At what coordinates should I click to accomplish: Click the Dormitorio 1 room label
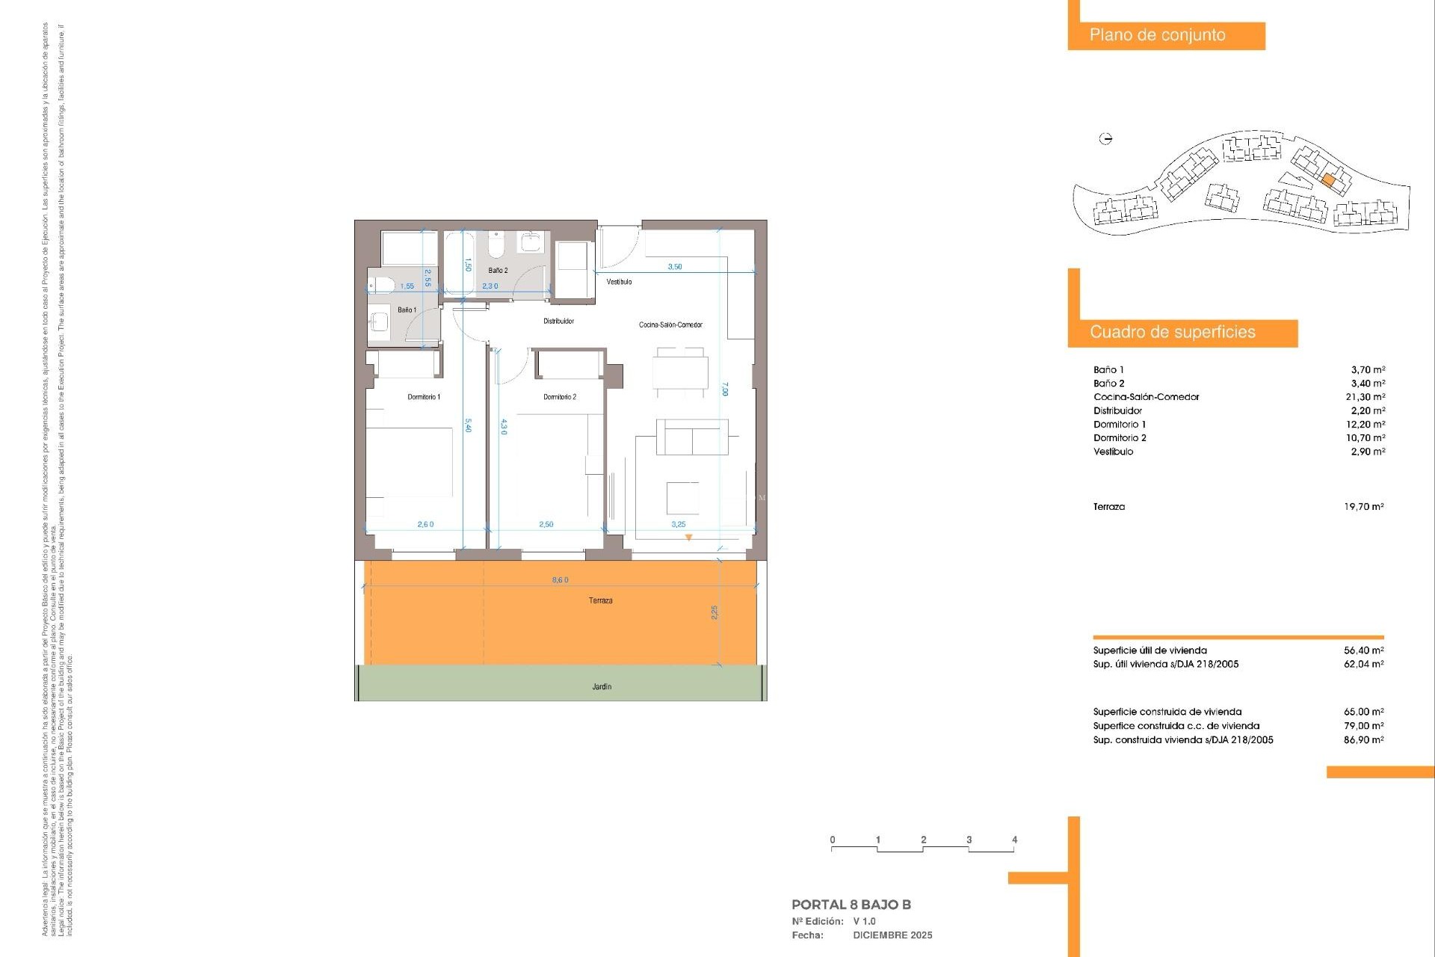[424, 397]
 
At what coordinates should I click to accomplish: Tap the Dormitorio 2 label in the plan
[560, 397]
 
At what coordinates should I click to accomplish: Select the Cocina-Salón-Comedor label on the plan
[670, 324]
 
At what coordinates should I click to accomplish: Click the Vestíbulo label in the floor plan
[619, 282]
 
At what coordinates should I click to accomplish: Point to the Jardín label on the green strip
[602, 686]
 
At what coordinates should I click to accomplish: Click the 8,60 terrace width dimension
[560, 580]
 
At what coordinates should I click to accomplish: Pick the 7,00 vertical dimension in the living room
[725, 389]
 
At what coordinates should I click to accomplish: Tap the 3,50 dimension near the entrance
[674, 266]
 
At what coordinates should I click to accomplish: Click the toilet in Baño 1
[380, 286]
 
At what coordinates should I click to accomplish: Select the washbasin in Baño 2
[531, 242]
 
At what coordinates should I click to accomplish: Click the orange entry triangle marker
[688, 538]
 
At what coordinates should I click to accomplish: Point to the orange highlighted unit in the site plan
[1328, 180]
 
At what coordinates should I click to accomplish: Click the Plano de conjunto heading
[1157, 35]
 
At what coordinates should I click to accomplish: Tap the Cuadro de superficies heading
[1172, 332]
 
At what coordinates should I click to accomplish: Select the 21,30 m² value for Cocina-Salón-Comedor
[1365, 397]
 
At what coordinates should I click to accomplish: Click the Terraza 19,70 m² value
[1363, 506]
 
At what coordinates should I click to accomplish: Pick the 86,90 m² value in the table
[1363, 739]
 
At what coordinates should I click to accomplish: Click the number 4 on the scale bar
[1014, 840]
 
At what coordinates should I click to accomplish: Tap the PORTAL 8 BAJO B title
[851, 905]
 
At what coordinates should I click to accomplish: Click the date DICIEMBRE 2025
[892, 935]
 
